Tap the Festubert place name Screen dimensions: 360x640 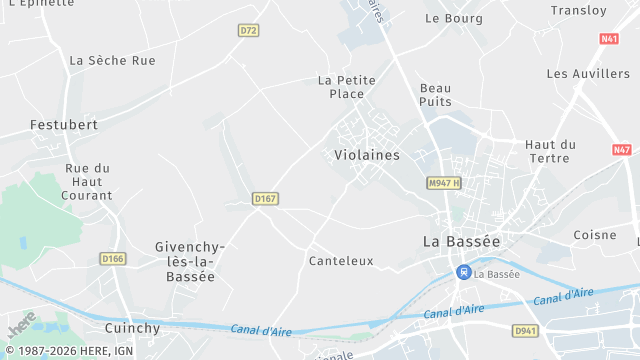tap(64, 125)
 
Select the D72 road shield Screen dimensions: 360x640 tap(249, 31)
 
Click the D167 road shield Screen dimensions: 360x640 tap(264, 199)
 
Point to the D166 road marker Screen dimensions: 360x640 tap(113, 258)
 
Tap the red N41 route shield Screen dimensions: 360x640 tap(609, 39)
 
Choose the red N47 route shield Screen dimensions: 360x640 tap(622, 150)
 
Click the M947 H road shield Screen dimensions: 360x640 tap(443, 183)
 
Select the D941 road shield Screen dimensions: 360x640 tap(525, 330)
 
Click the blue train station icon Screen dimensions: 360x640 tap(463, 271)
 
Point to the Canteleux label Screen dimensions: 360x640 tap(341, 261)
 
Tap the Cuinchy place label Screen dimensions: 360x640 tap(132, 328)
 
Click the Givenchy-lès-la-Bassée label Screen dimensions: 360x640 tap(190, 262)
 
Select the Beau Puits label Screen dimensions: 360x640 tap(436, 95)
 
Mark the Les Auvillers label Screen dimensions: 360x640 tap(588, 74)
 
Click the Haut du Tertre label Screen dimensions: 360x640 tap(550, 151)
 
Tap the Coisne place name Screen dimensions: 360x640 tap(595, 235)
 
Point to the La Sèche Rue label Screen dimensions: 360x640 tap(113, 60)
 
